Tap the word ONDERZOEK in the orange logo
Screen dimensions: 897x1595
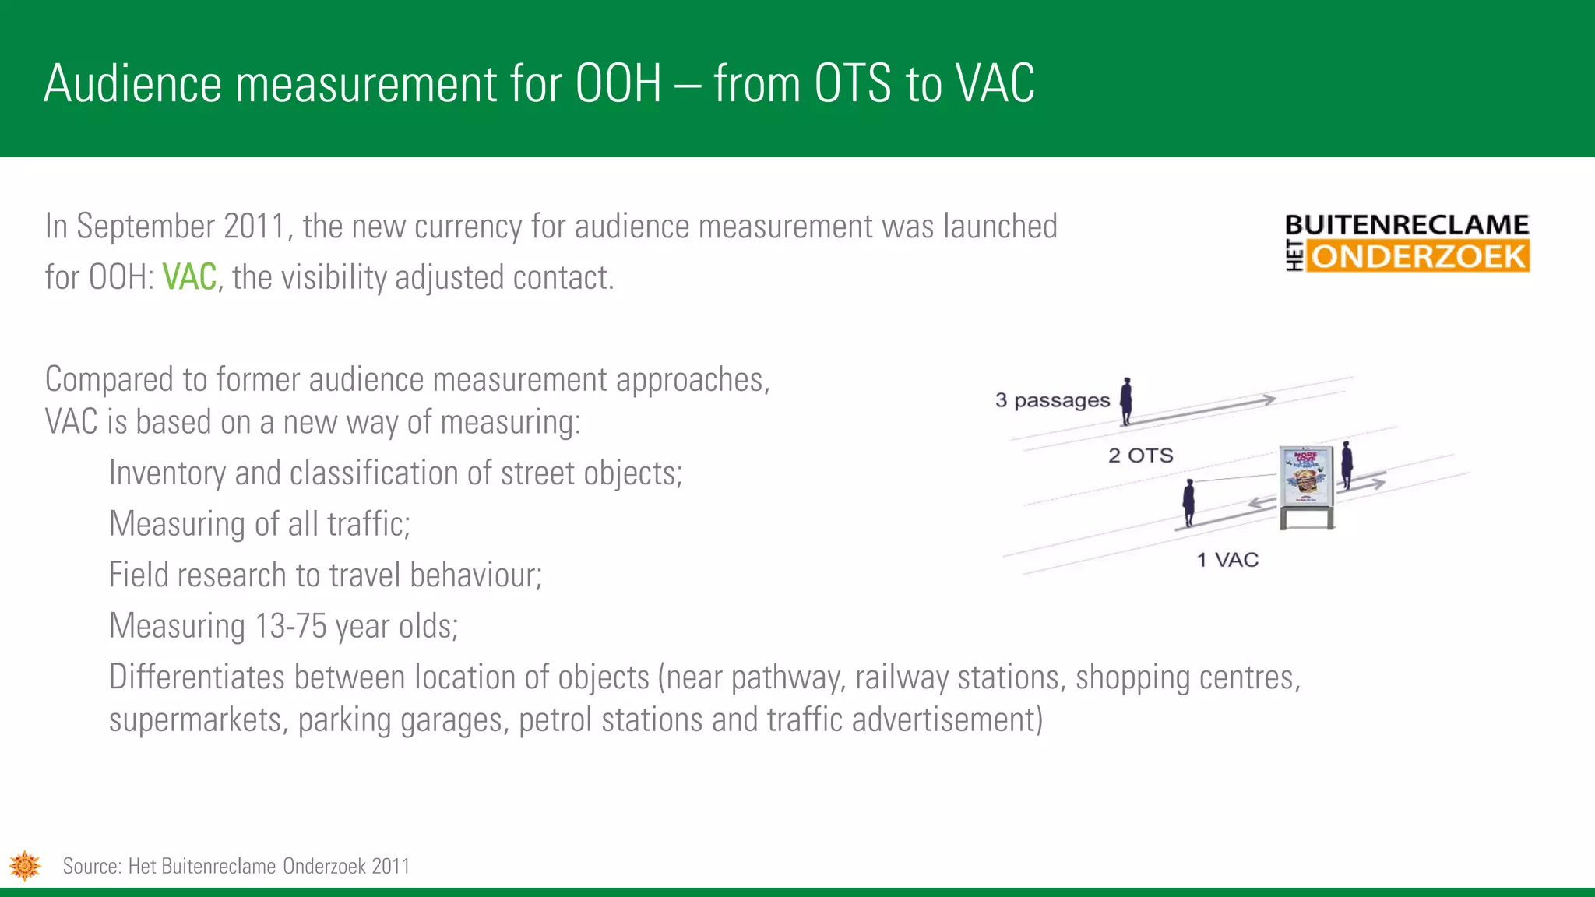[x=1417, y=256]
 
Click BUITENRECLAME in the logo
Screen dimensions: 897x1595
[x=1407, y=225]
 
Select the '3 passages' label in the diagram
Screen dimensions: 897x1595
[x=1052, y=400]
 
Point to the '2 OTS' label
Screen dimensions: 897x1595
[x=1140, y=456]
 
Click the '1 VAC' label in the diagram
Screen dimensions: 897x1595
[x=1227, y=560]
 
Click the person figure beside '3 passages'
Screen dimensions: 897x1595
[x=1125, y=401]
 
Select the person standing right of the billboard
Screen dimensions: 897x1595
[x=1347, y=466]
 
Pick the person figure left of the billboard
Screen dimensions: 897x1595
[x=1188, y=503]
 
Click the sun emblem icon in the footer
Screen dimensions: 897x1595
[x=25, y=866]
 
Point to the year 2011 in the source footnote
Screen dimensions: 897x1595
[x=390, y=866]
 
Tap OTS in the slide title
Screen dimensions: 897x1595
[x=852, y=83]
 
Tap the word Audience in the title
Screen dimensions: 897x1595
[x=132, y=83]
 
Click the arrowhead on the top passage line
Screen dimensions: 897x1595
[x=1269, y=399]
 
